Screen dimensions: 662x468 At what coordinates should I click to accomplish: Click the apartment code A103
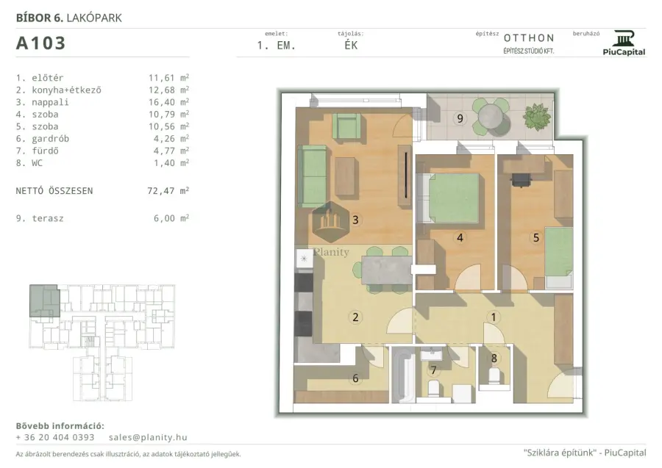40,43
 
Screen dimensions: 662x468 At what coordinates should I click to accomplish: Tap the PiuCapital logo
624,43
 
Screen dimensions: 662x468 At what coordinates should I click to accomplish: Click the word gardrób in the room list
50,139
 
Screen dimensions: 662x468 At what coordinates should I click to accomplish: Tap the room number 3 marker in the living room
355,220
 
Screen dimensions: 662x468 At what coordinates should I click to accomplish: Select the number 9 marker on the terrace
460,118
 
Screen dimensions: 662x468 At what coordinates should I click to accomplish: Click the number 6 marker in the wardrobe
355,378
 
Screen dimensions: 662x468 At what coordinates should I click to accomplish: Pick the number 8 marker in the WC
494,359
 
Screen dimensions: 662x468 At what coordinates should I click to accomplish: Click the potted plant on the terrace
537,117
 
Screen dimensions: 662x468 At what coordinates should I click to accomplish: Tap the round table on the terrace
490,115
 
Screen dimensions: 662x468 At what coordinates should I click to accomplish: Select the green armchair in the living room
346,126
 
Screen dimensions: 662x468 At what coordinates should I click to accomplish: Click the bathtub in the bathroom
403,375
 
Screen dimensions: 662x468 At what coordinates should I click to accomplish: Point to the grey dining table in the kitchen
387,270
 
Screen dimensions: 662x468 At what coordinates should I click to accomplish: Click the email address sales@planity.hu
148,437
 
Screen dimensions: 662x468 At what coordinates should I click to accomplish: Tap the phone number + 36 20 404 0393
55,437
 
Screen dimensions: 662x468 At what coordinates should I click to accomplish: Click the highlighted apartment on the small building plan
44,300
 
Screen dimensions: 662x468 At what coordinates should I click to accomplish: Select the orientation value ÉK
351,45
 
